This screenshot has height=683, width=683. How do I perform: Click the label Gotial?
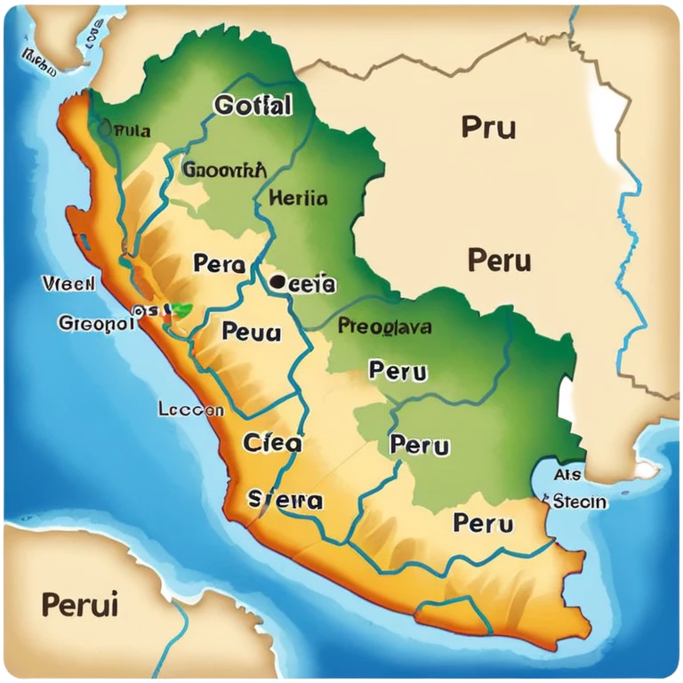click(253, 106)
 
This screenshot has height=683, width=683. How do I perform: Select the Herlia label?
click(297, 197)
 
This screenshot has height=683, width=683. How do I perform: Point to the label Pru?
click(488, 127)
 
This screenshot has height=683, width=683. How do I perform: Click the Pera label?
click(218, 263)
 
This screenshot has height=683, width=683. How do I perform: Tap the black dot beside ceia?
click(277, 284)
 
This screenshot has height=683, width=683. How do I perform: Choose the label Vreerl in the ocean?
click(68, 284)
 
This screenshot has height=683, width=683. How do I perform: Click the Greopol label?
click(96, 323)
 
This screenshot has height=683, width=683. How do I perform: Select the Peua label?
click(251, 332)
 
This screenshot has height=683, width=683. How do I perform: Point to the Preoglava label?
click(385, 326)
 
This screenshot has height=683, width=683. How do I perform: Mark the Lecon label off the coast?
click(190, 410)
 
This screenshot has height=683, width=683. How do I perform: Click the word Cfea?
click(272, 442)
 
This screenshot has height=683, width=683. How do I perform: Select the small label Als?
click(566, 475)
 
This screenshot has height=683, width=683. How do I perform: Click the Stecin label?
click(579, 502)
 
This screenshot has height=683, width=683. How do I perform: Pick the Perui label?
click(80, 605)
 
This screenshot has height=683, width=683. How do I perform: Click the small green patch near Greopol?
click(182, 310)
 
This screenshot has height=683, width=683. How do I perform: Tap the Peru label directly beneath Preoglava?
click(398, 371)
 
